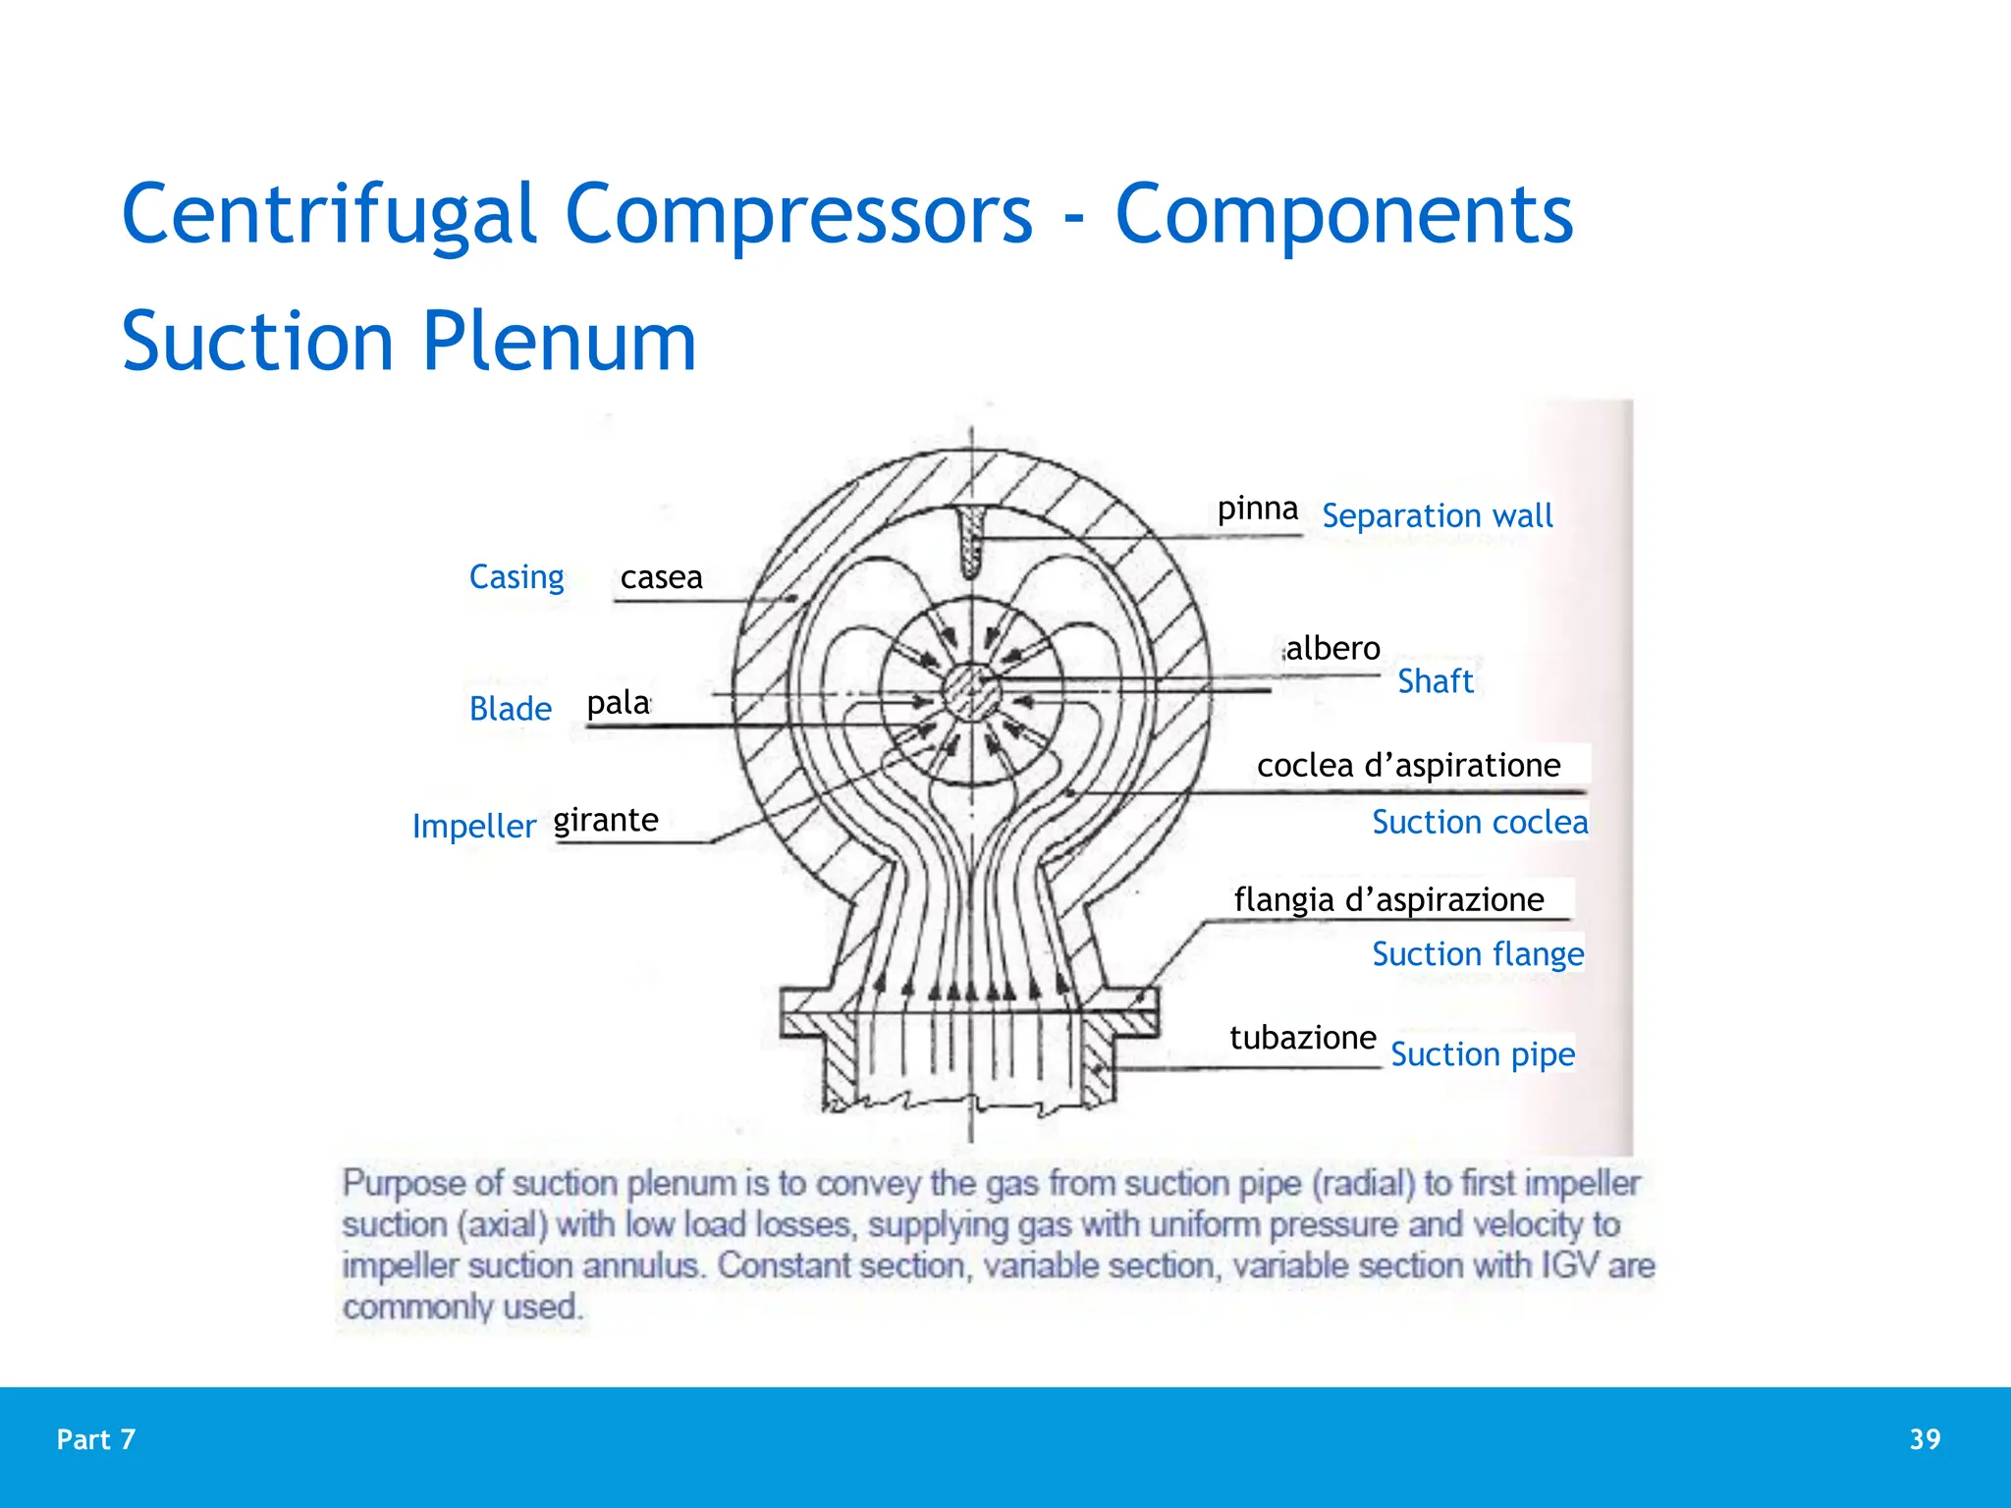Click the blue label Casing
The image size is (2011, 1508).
point(516,577)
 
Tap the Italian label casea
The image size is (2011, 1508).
point(661,577)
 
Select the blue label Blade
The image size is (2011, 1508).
point(510,709)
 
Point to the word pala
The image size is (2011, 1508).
point(618,703)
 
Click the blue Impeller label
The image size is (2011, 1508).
point(473,827)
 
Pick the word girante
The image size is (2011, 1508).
point(606,820)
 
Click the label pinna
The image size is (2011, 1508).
point(1257,509)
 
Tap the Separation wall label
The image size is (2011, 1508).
point(1437,516)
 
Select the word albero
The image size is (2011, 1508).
point(1332,649)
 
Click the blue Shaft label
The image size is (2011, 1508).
point(1435,681)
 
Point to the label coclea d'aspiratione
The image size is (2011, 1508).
point(1408,766)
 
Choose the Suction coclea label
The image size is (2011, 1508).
point(1479,823)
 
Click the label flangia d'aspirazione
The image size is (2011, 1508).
point(1388,899)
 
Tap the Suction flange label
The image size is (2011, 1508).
point(1477,954)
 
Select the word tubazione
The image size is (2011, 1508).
point(1302,1038)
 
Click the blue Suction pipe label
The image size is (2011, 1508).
point(1482,1054)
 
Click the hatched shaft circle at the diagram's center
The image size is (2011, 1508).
point(972,693)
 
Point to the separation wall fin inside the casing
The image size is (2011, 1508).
point(972,540)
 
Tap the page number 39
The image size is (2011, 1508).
point(1925,1439)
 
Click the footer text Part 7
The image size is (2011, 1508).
point(96,1439)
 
